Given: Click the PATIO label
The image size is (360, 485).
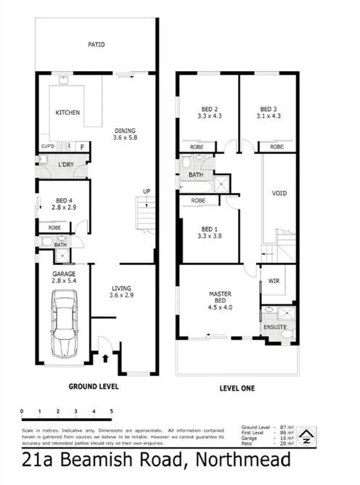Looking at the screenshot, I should click(x=96, y=44).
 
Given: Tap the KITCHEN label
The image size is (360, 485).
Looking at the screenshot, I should click(x=68, y=113).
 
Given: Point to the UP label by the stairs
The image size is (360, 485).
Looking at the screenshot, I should click(x=147, y=192).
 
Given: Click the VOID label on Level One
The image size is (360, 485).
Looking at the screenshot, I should click(x=279, y=194).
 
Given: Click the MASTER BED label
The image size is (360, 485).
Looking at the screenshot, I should click(x=220, y=298).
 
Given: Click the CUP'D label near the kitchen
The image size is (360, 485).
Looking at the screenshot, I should click(x=48, y=147).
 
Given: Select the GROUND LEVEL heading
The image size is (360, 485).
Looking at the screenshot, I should click(x=93, y=387).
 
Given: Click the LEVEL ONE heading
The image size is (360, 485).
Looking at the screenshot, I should click(x=237, y=388).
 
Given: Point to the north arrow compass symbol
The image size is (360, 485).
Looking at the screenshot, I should click(x=308, y=436).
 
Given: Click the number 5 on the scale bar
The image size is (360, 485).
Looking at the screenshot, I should click(x=112, y=411).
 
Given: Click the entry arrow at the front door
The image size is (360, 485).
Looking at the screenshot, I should click(x=108, y=357).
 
